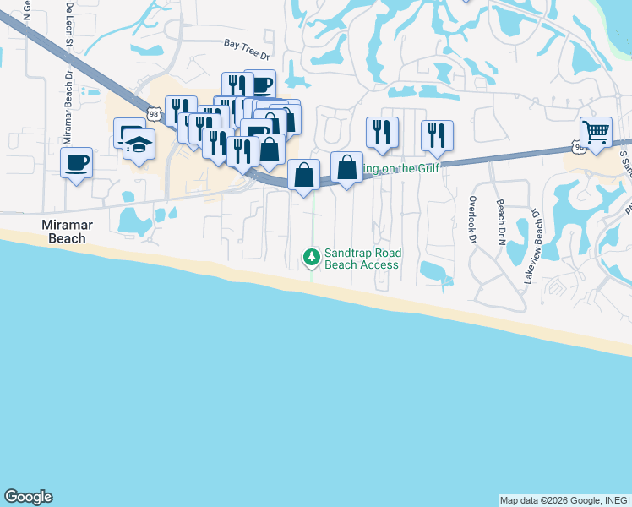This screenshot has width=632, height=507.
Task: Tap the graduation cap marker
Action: pos(139,144)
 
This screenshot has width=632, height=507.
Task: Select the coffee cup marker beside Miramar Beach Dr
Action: pos(76,161)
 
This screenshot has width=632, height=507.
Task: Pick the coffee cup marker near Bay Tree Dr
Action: pos(260,84)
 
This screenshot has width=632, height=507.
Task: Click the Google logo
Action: pos(28,497)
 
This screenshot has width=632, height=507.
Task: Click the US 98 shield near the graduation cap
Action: pos(153,113)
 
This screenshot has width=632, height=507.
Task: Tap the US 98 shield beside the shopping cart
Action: pos(579,148)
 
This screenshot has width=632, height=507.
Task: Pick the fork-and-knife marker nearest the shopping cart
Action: pos(437,135)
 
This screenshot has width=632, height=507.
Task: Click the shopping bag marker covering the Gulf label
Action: pos(346,166)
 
